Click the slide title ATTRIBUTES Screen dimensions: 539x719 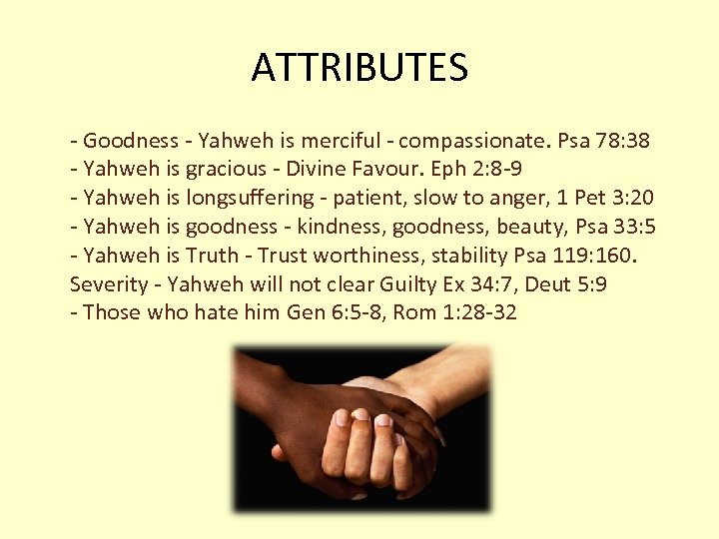pyautogui.click(x=359, y=68)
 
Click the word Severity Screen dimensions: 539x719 pyautogui.click(x=108, y=283)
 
